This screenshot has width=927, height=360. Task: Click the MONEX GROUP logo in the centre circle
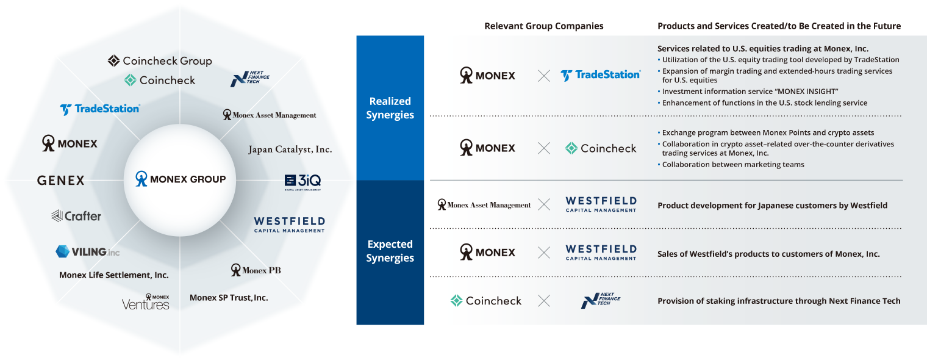[x=180, y=179]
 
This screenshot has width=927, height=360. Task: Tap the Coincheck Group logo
[x=160, y=61]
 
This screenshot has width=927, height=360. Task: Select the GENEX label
[x=60, y=180]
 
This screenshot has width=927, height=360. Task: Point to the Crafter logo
[x=76, y=216]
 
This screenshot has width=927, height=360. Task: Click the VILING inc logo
[x=87, y=251]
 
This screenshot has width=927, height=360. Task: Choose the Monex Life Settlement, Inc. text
[x=114, y=275]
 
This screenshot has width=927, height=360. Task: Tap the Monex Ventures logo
[x=146, y=302]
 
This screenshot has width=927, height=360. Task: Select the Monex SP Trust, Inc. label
[x=229, y=298]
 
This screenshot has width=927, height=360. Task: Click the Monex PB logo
[x=256, y=270]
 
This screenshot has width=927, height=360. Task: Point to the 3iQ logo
[x=302, y=181]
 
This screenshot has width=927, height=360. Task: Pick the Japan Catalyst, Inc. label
[x=290, y=149]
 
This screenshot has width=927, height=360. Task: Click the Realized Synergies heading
[x=390, y=108]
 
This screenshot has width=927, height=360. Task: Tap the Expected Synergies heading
[x=390, y=251]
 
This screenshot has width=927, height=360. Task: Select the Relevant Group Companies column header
[x=543, y=26]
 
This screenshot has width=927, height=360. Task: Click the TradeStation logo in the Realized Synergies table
[x=600, y=75]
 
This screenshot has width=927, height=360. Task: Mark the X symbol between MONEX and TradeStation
[x=544, y=76]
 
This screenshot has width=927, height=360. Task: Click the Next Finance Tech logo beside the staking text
[x=601, y=300]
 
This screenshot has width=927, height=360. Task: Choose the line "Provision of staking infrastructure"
[x=779, y=301]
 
